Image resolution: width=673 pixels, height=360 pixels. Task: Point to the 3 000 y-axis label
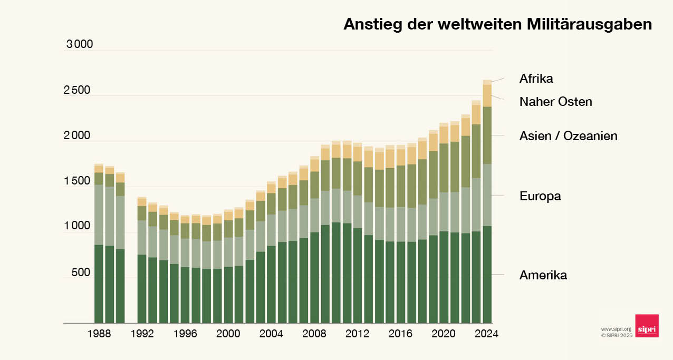click(80, 44)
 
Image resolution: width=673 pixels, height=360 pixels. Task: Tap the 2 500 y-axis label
click(77, 90)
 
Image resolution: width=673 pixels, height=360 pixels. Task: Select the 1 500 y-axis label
click(77, 181)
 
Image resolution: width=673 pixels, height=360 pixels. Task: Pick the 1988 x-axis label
click(99, 334)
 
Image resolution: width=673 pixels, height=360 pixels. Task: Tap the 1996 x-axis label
click(185, 334)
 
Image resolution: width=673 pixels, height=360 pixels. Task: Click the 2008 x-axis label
click(314, 334)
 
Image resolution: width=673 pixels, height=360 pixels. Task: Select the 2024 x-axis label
click(486, 334)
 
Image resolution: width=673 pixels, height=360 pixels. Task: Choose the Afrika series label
click(536, 79)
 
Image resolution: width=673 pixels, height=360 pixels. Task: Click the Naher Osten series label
click(555, 102)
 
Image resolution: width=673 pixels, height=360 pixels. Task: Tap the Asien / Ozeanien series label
click(568, 136)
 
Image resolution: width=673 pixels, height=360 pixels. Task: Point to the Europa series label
click(540, 197)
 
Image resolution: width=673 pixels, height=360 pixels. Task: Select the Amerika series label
click(543, 275)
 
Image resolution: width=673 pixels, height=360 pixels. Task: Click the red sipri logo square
click(647, 326)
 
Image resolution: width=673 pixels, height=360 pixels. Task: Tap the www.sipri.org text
click(616, 329)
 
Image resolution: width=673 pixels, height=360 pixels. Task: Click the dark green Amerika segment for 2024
click(487, 274)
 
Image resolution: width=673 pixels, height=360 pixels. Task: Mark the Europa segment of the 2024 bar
click(487, 195)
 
